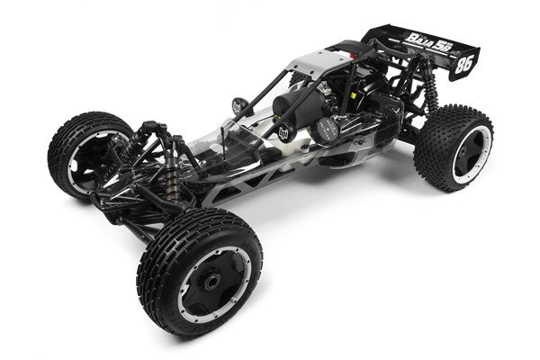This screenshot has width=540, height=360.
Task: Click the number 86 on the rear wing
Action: (464, 66)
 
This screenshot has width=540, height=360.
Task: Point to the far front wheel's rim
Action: (87, 154)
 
